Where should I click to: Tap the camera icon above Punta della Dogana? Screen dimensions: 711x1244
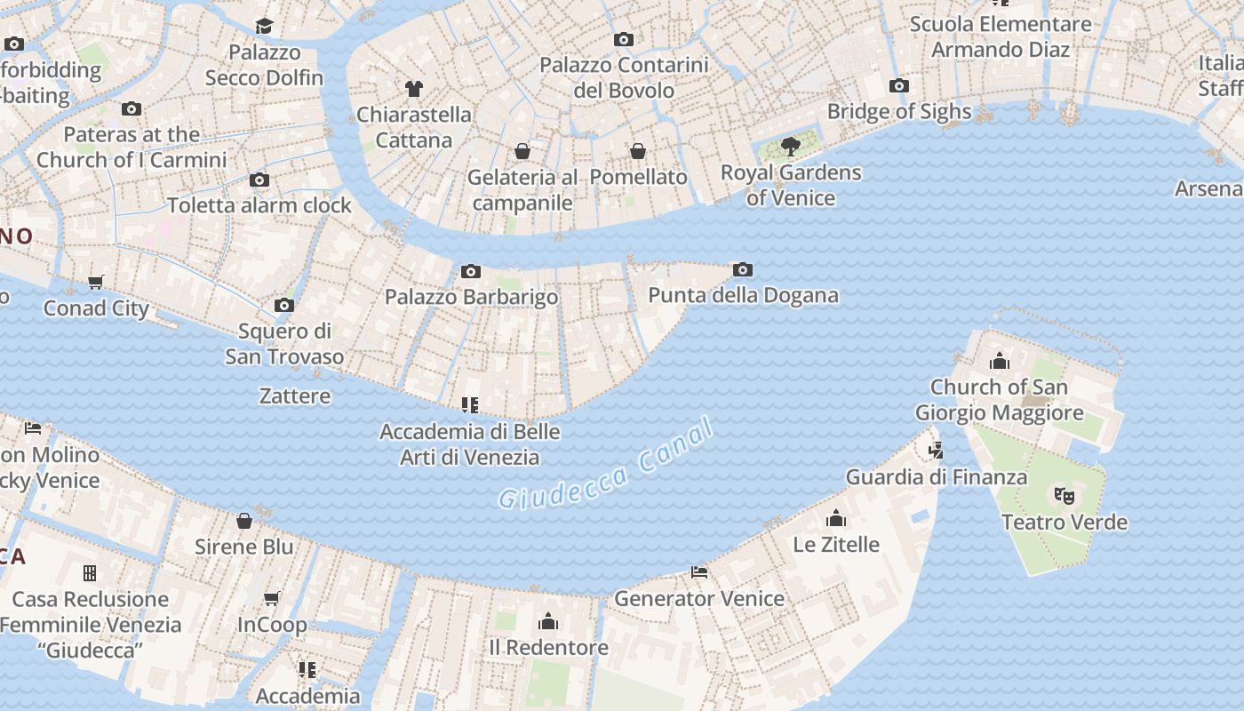(743, 269)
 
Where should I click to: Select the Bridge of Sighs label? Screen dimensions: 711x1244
(899, 111)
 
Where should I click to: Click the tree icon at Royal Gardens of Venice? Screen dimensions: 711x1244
(790, 147)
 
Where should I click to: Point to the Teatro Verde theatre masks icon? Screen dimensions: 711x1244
(1064, 496)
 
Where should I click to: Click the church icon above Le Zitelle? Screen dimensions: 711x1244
(836, 518)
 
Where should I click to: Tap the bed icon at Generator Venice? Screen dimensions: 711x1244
(700, 572)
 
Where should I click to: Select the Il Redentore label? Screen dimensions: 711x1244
(548, 647)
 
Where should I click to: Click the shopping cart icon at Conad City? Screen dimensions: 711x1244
(96, 283)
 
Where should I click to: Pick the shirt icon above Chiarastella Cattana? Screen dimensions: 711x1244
(414, 88)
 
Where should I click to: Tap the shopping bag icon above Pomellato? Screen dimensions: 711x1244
(638, 151)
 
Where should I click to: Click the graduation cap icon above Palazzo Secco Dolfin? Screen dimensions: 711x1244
(264, 26)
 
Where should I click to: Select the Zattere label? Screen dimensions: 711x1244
(295, 395)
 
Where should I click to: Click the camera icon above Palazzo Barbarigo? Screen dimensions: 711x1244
(471, 271)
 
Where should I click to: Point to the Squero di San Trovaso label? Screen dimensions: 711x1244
(284, 344)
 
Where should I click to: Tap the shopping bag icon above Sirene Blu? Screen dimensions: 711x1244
(244, 521)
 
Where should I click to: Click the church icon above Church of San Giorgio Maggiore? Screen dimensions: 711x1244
(1000, 361)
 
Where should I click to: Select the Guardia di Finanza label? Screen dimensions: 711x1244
(936, 476)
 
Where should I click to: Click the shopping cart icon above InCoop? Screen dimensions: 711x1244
(272, 599)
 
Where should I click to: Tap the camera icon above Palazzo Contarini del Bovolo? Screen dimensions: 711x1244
(624, 39)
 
